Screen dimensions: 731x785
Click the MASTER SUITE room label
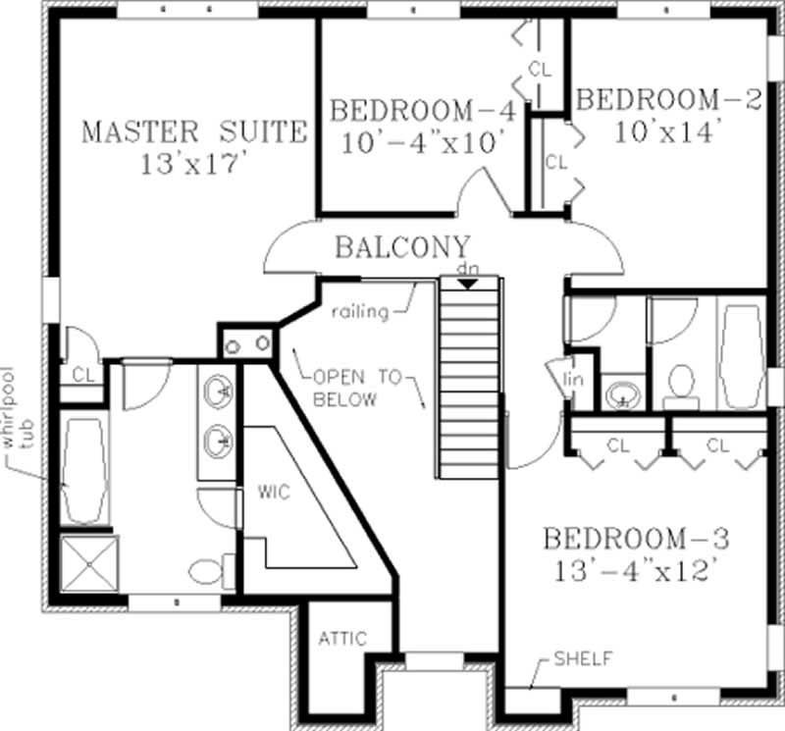192,131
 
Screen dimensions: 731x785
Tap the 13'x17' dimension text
192,163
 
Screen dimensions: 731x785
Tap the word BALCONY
402,246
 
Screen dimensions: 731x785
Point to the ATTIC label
341,639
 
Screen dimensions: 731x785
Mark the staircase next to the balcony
469,378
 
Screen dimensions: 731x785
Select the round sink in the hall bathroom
620,395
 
